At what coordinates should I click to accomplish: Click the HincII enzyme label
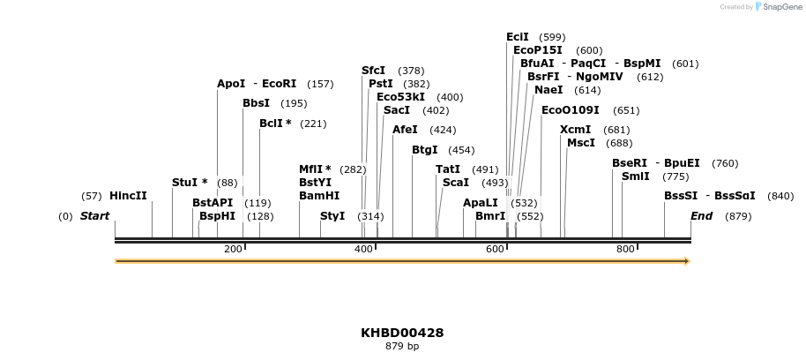[128, 196]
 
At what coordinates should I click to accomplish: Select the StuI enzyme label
[184, 183]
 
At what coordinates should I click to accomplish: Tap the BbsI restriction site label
[256, 103]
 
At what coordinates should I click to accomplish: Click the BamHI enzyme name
[318, 196]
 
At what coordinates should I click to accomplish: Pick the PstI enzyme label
[381, 84]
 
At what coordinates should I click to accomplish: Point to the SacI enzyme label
[397, 110]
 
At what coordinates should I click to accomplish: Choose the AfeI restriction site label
[405, 130]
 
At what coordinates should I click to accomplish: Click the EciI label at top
[518, 37]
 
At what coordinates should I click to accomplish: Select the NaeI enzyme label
[549, 90]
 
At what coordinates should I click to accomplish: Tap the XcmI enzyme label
[575, 130]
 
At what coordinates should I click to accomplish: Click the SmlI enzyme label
[635, 176]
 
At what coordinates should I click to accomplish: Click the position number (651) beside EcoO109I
[626, 110]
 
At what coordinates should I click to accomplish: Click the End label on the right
[701, 216]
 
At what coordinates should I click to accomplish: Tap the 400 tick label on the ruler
[363, 250]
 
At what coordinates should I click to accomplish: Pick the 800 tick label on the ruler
[625, 250]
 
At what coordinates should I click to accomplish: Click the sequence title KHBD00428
[402, 334]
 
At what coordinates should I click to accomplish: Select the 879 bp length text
[402, 347]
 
